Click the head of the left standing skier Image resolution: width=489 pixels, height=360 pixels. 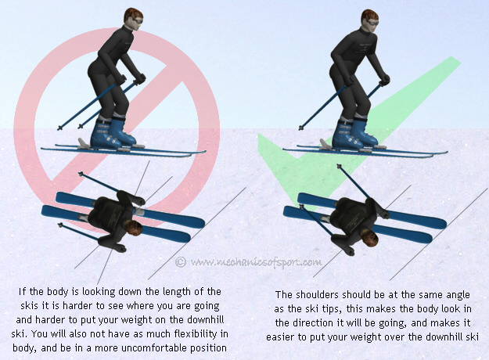[x=132, y=18]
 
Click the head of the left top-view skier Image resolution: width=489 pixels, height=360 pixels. [x=131, y=230]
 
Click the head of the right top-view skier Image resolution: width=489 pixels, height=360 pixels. [x=368, y=234]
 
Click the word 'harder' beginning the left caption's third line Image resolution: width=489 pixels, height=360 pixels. [x=34, y=319]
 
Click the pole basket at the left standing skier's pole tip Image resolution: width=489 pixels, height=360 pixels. [x=59, y=127]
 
